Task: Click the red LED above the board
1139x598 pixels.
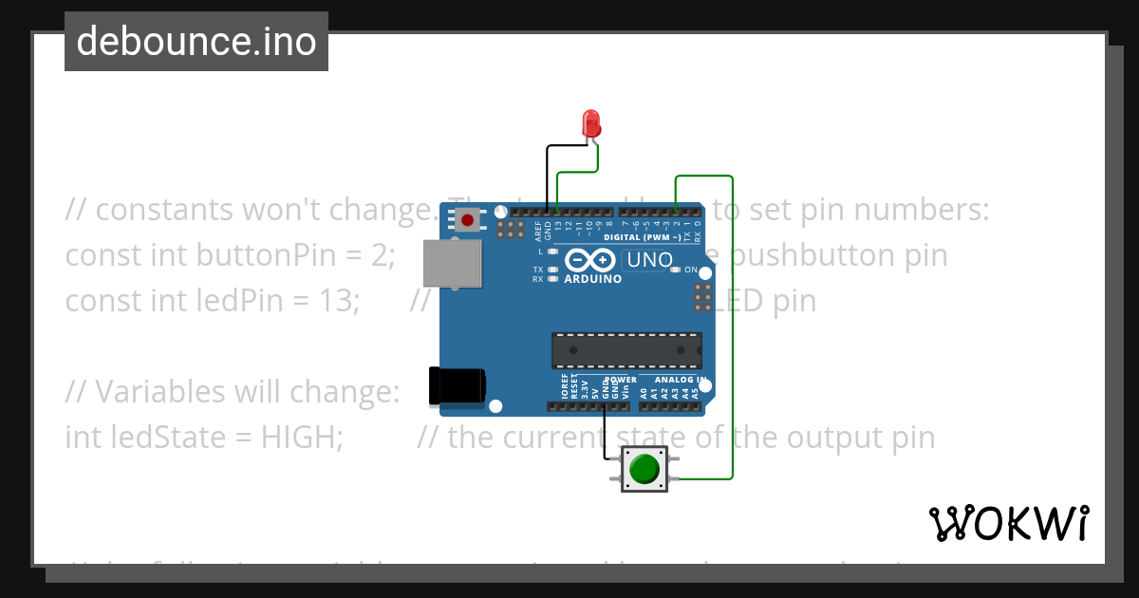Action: pos(590,123)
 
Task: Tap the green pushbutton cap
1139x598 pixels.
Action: pos(644,469)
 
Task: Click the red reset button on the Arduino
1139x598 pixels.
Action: pos(467,221)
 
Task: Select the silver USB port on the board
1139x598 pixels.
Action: pos(452,262)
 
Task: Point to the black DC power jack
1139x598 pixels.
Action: pos(457,384)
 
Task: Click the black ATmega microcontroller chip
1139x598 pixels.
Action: pos(627,350)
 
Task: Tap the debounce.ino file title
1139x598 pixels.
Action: pos(196,42)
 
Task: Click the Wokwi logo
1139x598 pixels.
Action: pos(1008,523)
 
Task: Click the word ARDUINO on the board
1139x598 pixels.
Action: pos(593,280)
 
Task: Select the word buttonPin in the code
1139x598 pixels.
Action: pos(260,255)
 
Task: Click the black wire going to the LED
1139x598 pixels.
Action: pos(547,176)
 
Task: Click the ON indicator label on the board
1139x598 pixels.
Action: pos(690,270)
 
